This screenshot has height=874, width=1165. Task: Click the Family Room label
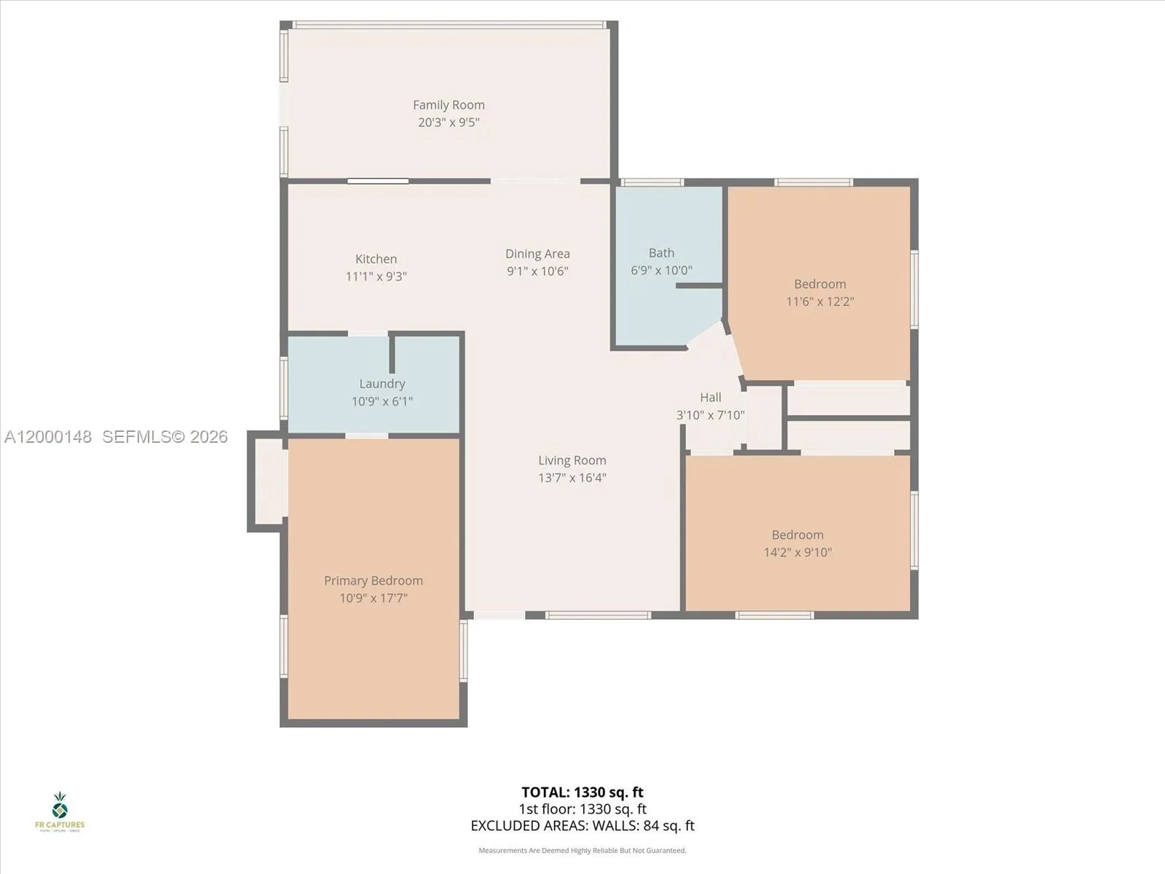pyautogui.click(x=449, y=105)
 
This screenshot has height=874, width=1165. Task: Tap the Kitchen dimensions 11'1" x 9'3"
pyautogui.click(x=376, y=277)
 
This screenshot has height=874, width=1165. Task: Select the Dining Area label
pyautogui.click(x=537, y=253)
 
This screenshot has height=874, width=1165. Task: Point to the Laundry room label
pyautogui.click(x=382, y=384)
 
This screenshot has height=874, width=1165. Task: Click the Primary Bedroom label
pyautogui.click(x=373, y=580)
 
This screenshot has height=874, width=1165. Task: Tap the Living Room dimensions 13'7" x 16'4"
pyautogui.click(x=572, y=478)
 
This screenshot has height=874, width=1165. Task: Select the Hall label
pyautogui.click(x=710, y=397)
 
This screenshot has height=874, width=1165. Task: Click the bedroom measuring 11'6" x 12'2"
pyautogui.click(x=819, y=291)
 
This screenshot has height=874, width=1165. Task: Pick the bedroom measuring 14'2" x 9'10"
pyautogui.click(x=797, y=543)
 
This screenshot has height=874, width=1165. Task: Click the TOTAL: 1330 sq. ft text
pyautogui.click(x=582, y=792)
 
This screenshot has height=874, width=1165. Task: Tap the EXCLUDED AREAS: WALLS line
pyautogui.click(x=582, y=826)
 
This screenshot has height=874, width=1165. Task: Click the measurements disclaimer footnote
pyautogui.click(x=582, y=851)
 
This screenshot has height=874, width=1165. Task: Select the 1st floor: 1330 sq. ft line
pyautogui.click(x=582, y=809)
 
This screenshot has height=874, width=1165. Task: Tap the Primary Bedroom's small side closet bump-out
pyautogui.click(x=267, y=481)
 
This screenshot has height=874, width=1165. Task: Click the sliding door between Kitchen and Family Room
pyautogui.click(x=377, y=181)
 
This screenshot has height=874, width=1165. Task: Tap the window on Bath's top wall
pyautogui.click(x=651, y=182)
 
